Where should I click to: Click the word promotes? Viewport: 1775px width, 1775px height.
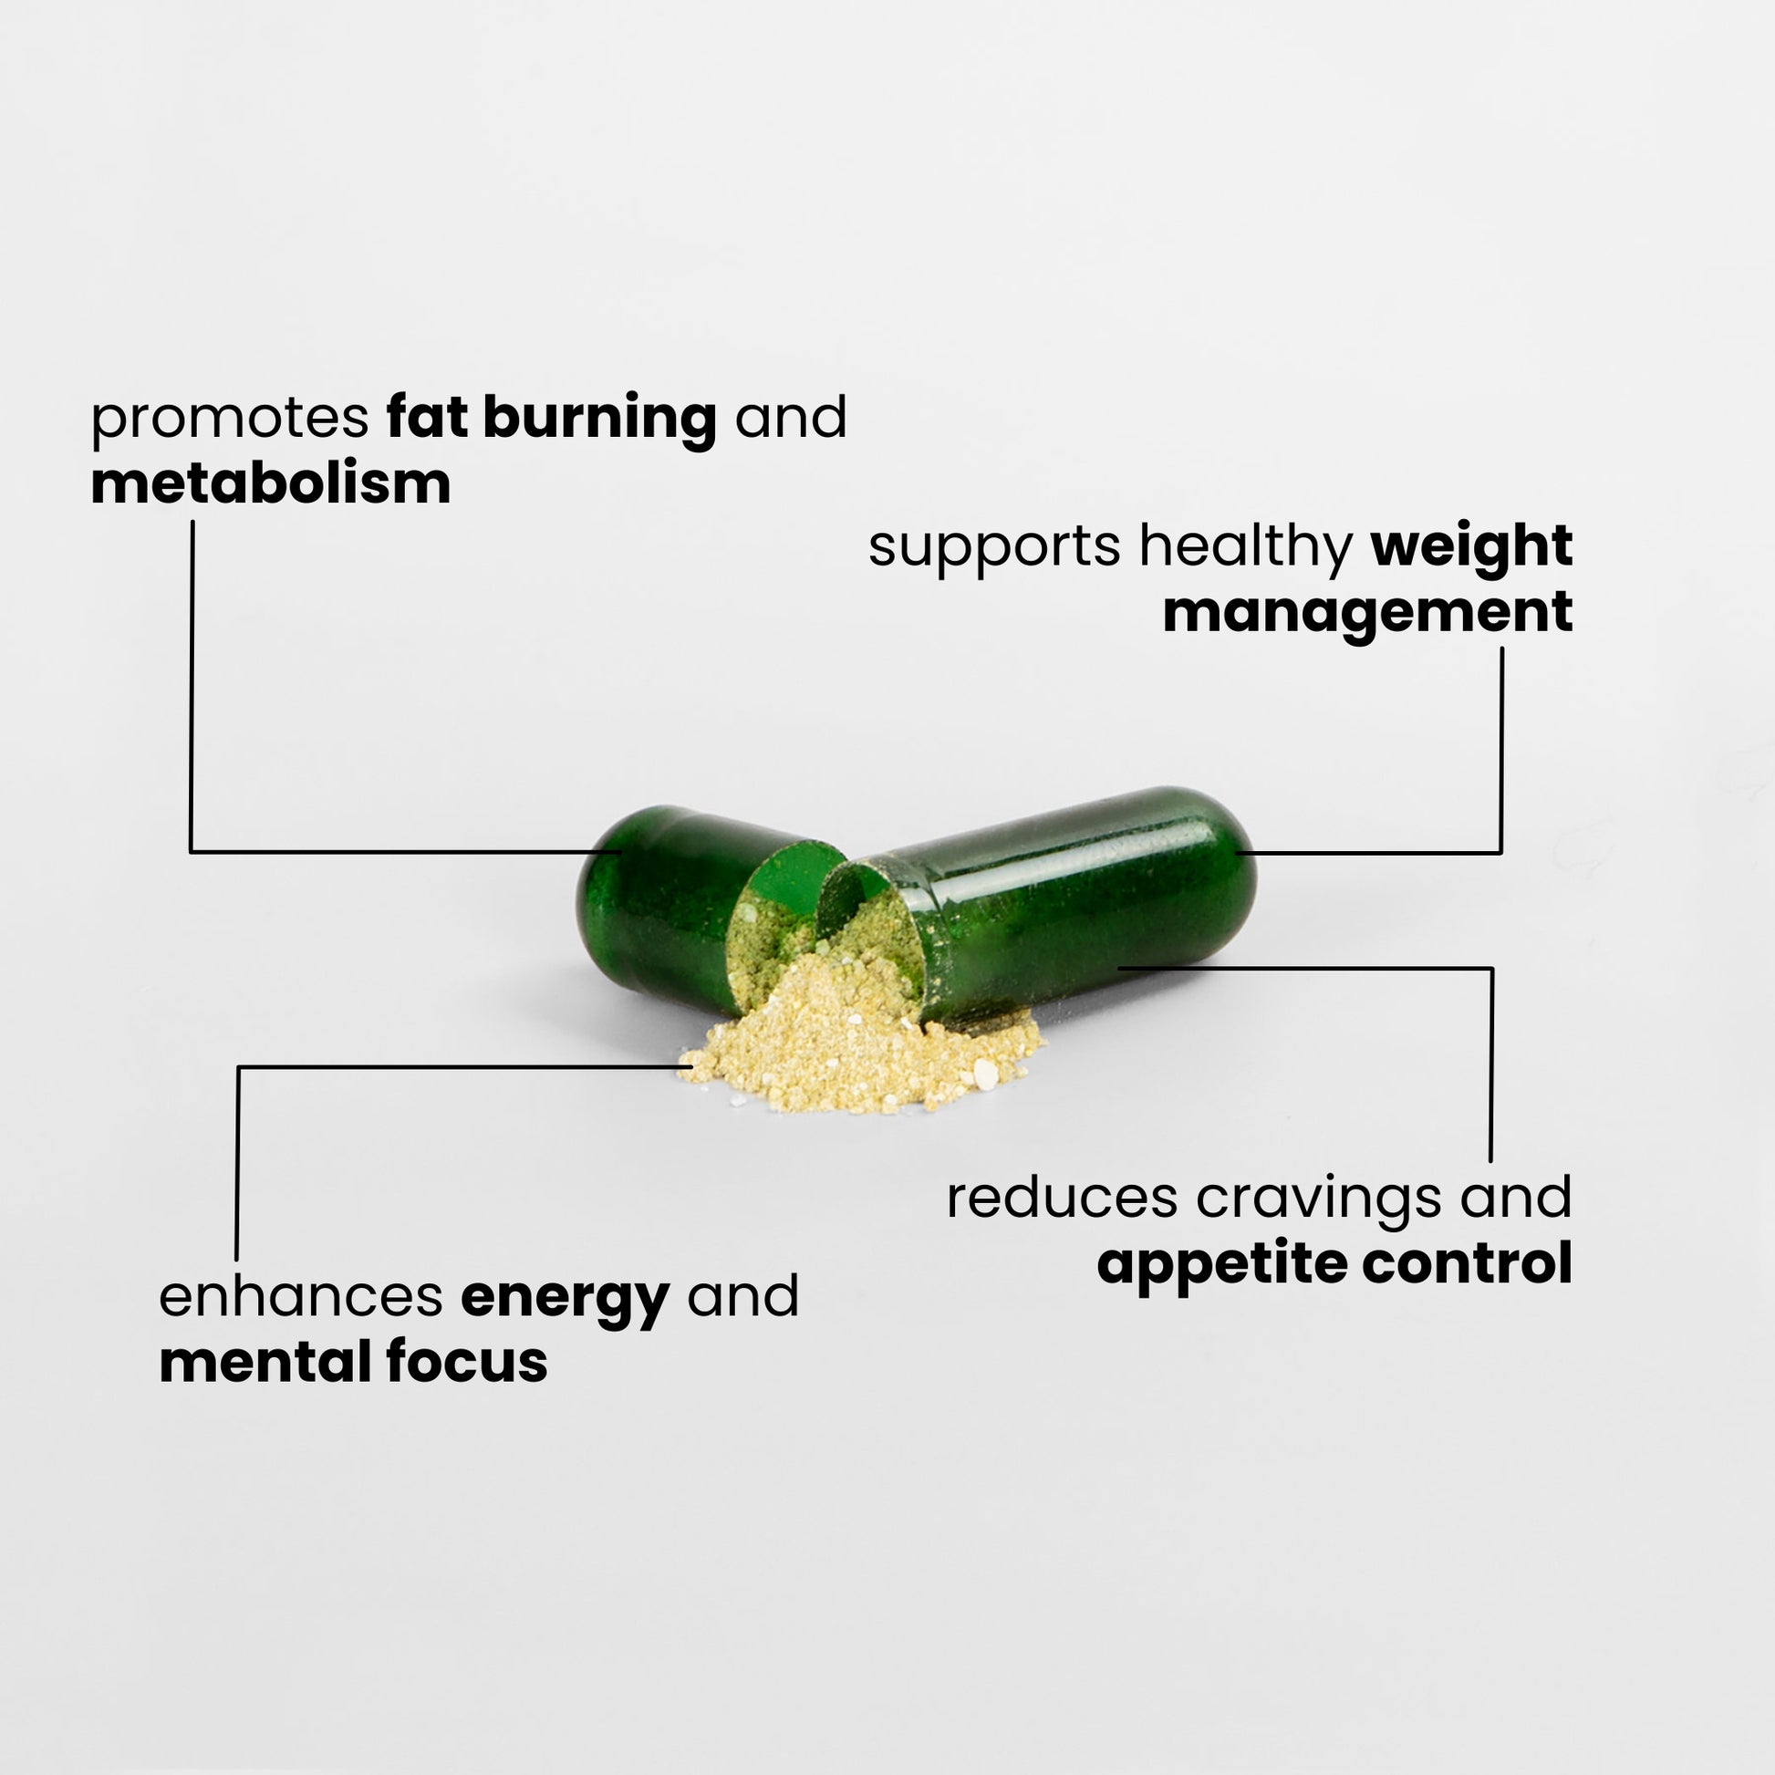tap(230, 419)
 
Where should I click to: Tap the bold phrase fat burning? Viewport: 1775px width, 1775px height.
tap(551, 419)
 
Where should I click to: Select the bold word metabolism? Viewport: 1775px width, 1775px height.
tap(271, 484)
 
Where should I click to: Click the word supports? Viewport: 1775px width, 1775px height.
tap(994, 546)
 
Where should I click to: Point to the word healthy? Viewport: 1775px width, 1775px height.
tap(1246, 548)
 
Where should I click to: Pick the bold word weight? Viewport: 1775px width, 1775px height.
tap(1471, 548)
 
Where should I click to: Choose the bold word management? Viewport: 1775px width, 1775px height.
tap(1367, 614)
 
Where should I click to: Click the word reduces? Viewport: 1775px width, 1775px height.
tap(1062, 1198)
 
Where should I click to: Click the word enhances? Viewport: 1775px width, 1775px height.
tap(300, 1297)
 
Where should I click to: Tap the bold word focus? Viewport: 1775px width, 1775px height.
tap(467, 1363)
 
